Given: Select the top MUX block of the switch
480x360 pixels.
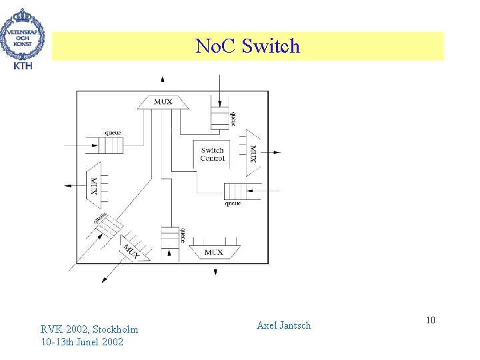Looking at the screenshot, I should tap(163, 102).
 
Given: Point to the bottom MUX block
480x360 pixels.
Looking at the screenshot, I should tap(214, 252).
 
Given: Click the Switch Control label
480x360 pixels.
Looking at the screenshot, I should tap(212, 154).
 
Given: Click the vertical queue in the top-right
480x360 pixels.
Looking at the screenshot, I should tap(220, 117).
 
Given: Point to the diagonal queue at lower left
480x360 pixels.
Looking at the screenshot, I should tap(107, 227).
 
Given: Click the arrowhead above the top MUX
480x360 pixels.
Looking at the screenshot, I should tap(163, 80).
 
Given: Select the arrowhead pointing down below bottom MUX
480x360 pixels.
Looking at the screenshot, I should tap(215, 272).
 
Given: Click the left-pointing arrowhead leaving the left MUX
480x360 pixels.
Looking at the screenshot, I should tap(67, 185).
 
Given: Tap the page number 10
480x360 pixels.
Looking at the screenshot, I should tap(431, 321).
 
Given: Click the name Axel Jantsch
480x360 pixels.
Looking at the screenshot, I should tap(283, 325).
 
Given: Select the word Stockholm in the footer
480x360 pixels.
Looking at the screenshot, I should tap(116, 329).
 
